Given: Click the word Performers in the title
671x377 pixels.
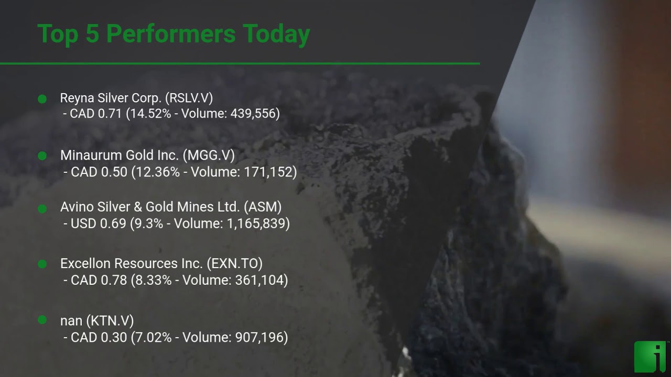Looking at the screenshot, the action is point(171,34).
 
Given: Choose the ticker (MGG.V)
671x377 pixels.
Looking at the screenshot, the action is point(209,155).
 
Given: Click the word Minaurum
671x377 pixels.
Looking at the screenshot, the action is point(91,155).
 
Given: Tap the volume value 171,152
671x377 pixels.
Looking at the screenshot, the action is point(268,172).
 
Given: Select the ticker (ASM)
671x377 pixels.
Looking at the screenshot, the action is point(263,207).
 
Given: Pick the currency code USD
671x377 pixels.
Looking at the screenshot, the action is point(83,224).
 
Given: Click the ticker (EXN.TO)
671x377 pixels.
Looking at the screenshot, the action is point(234,263).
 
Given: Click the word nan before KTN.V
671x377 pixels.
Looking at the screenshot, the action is point(71,321).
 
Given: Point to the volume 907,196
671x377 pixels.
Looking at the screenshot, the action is point(259,338).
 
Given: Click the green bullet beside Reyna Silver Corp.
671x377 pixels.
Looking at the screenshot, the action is point(42,99).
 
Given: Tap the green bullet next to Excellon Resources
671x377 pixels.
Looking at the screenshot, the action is point(42,264).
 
